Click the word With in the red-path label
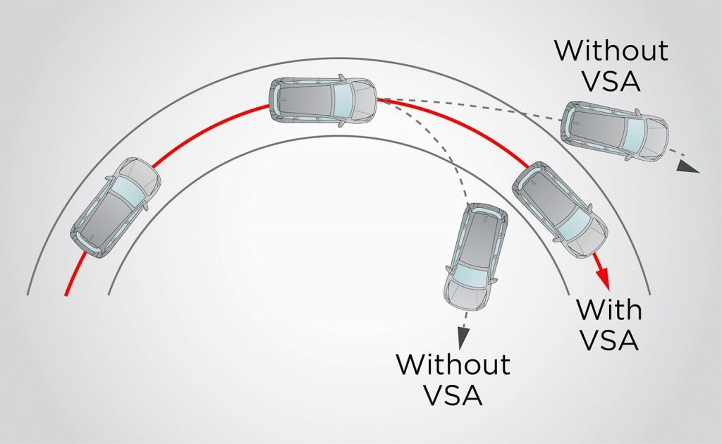(x=608, y=309)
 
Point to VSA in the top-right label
(x=610, y=80)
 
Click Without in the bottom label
(x=453, y=364)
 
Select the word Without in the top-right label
(x=610, y=51)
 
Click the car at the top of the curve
(x=323, y=101)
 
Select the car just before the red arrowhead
(x=561, y=212)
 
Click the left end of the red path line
(x=66, y=295)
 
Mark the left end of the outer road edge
(x=27, y=294)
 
